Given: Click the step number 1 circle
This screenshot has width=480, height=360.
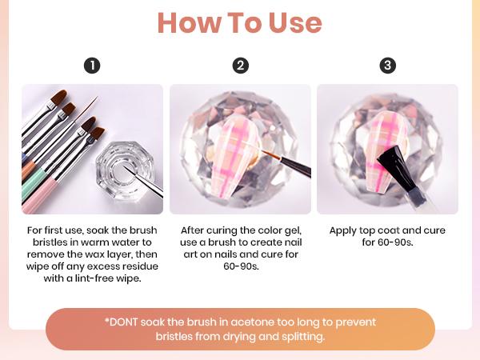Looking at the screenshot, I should point(92,66).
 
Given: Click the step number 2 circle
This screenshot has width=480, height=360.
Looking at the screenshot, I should point(240,66).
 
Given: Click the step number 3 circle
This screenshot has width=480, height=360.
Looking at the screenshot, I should point(388,66).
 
